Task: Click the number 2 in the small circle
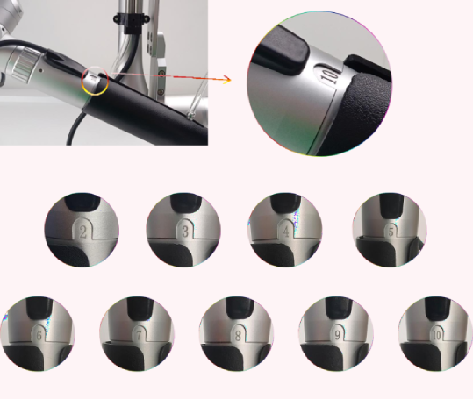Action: (x=82, y=232)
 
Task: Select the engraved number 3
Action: (x=184, y=232)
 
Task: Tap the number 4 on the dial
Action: (x=286, y=232)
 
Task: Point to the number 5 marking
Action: (x=389, y=232)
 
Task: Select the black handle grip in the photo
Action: (x=149, y=114)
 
